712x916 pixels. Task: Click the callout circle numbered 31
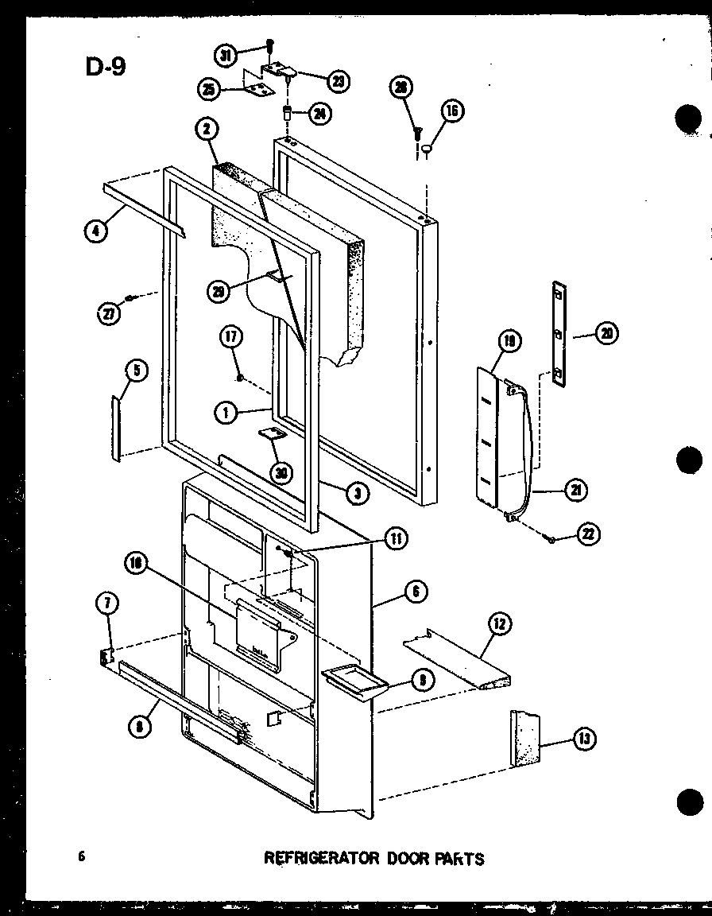coord(225,55)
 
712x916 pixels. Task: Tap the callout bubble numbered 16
coord(451,111)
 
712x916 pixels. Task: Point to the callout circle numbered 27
coord(106,312)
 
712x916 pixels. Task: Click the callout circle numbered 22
coord(589,534)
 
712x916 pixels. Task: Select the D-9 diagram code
coord(105,67)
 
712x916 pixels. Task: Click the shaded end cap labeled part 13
coord(525,738)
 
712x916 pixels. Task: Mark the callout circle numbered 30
coord(280,472)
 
